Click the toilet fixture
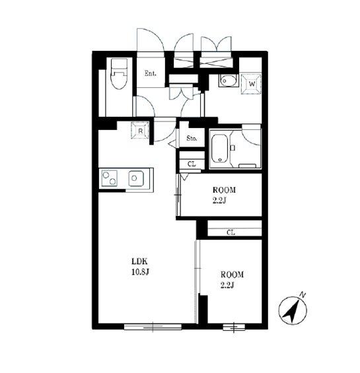point(119,73)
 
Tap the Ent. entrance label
point(151,73)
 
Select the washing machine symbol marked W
point(252,84)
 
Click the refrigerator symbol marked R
point(140,130)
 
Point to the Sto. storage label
point(192,138)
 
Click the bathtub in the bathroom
point(219,149)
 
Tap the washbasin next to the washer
point(229,81)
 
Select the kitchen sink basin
point(136,178)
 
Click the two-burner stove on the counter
point(110,178)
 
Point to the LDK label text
point(140,261)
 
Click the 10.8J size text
point(140,271)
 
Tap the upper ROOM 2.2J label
point(224,195)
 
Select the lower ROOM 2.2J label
point(232,280)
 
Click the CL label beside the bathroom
point(192,164)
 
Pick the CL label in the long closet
point(231,232)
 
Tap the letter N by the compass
point(303,295)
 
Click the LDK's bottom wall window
point(153,327)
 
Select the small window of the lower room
point(234,327)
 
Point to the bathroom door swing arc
point(249,141)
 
